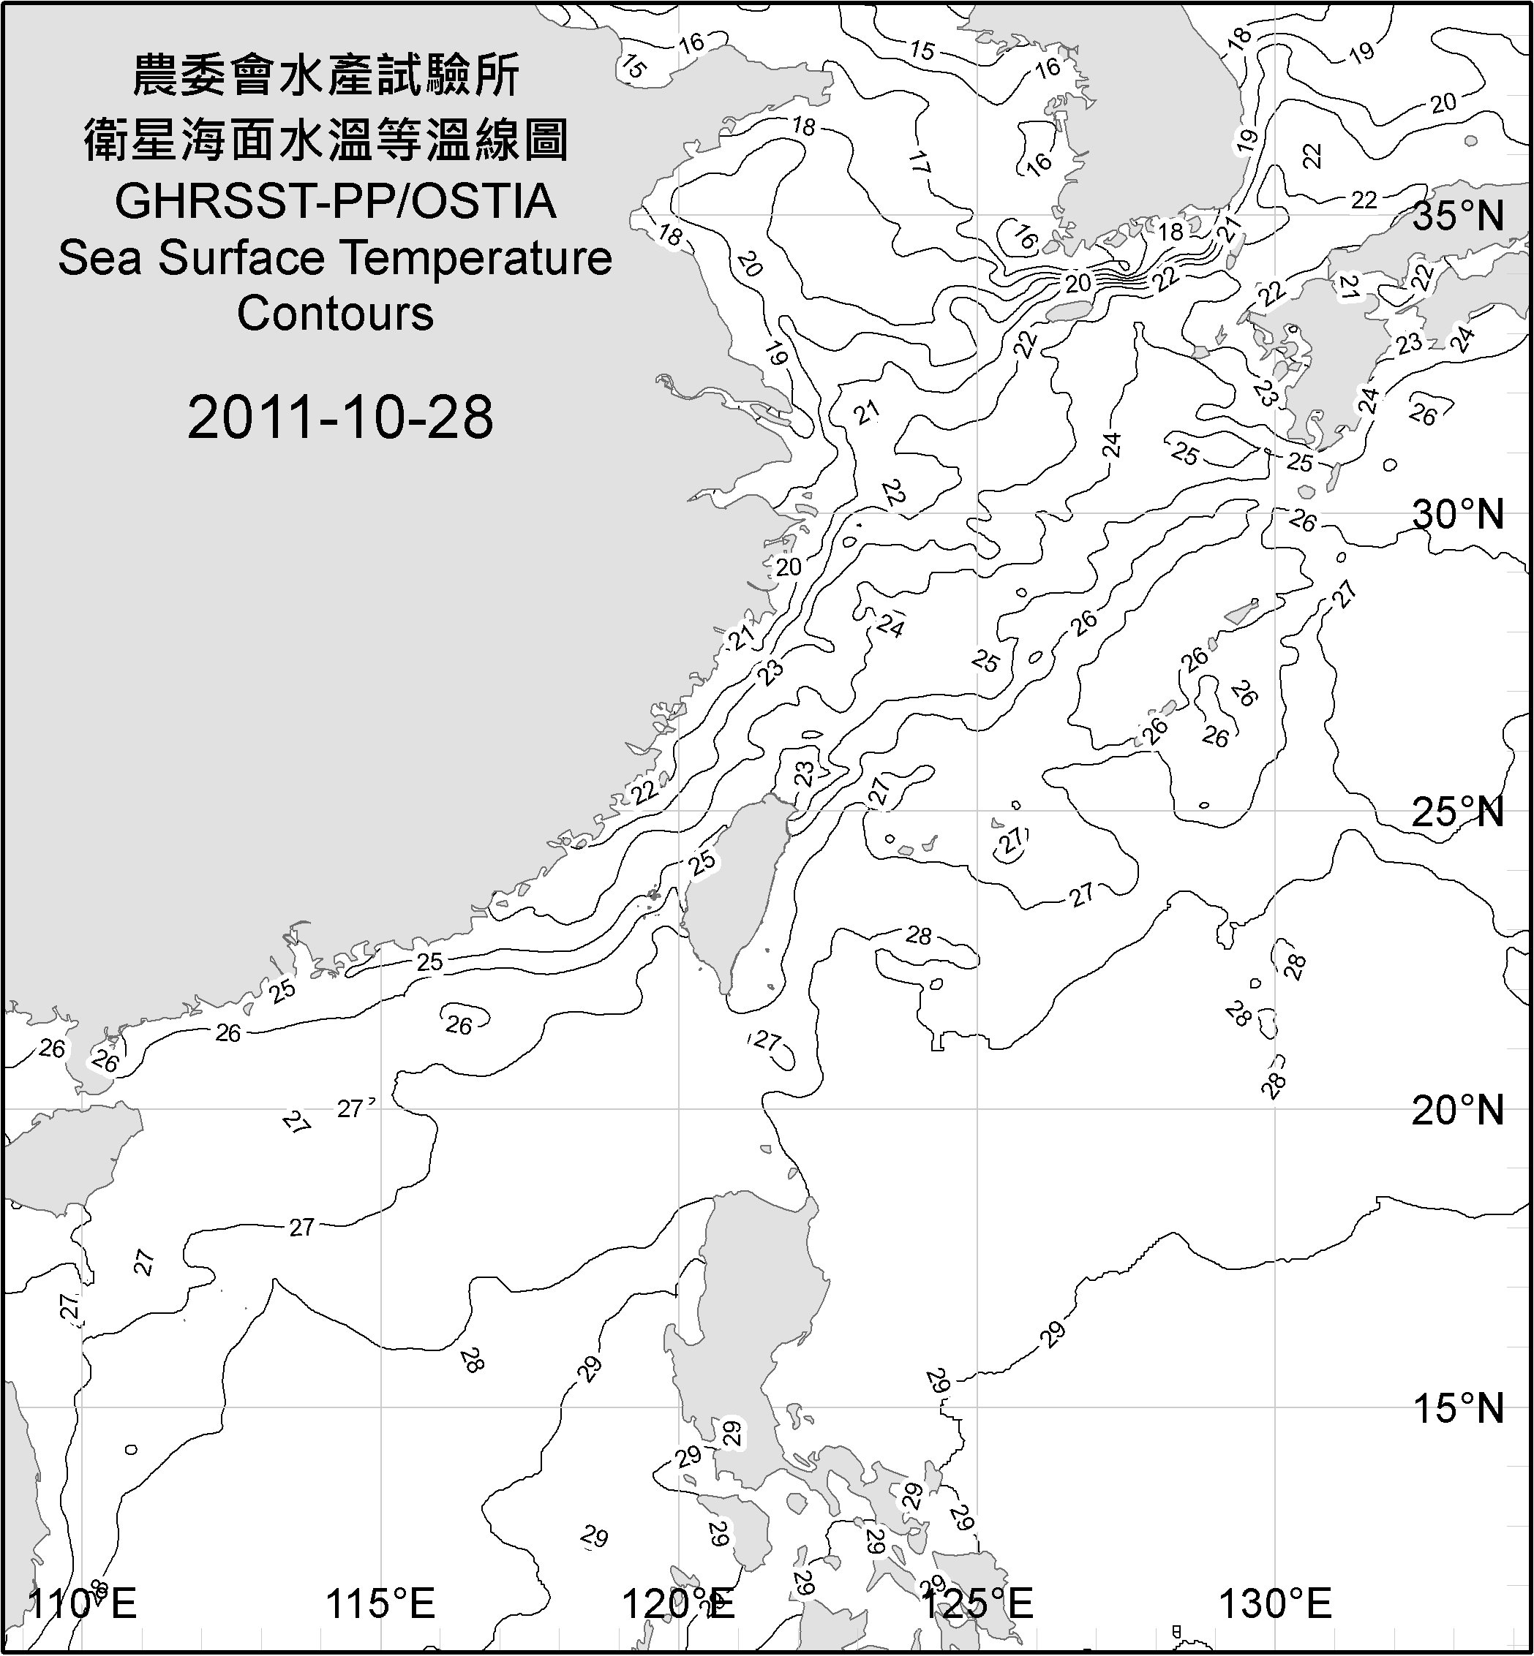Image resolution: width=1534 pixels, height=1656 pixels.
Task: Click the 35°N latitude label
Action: pyautogui.click(x=1458, y=216)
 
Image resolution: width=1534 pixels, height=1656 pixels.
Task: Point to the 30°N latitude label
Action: pyautogui.click(x=1458, y=515)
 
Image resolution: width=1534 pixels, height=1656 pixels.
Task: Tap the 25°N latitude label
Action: pyautogui.click(x=1458, y=812)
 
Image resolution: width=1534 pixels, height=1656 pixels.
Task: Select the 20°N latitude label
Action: pyautogui.click(x=1458, y=1110)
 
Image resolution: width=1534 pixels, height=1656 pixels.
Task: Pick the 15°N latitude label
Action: pyautogui.click(x=1458, y=1409)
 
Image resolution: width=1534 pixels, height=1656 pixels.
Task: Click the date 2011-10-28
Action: pyautogui.click(x=340, y=417)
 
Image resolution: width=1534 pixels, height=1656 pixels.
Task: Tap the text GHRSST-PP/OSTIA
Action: pyautogui.click(x=335, y=202)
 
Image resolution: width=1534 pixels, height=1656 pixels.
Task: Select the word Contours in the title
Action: pyautogui.click(x=335, y=314)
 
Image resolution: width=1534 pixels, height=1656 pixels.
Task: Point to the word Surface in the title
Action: pyautogui.click(x=241, y=258)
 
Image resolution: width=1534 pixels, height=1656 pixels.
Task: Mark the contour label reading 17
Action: pyautogui.click(x=918, y=162)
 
